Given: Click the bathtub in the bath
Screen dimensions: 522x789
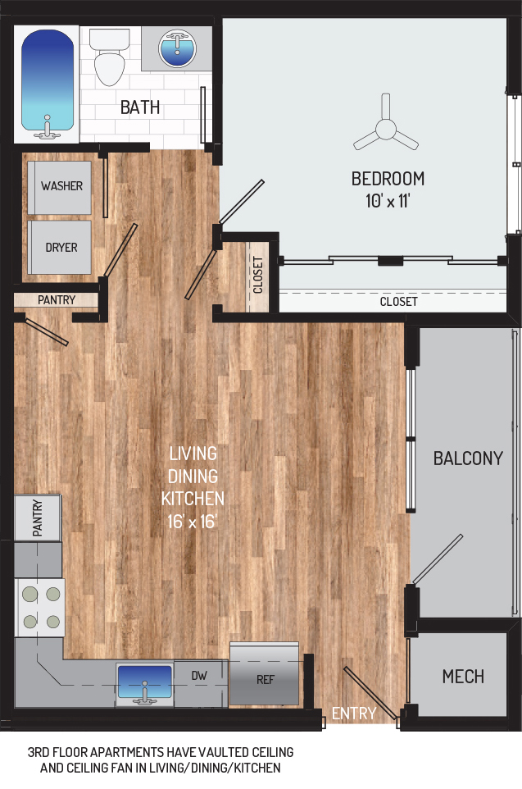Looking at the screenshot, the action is (47, 84).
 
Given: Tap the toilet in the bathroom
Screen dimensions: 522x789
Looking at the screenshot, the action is (109, 57).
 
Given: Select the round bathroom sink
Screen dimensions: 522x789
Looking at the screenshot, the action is (177, 48).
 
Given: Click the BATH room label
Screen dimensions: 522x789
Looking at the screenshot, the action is (140, 107).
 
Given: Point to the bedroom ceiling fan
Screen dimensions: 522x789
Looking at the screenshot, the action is (386, 126).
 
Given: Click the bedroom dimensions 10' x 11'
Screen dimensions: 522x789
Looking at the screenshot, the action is (388, 201).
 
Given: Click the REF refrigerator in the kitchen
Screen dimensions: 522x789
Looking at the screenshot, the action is (265, 674).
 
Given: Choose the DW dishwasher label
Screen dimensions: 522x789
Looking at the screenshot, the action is (199, 676).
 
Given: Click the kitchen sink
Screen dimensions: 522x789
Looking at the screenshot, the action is (145, 684).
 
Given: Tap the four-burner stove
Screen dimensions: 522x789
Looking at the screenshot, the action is (40, 608).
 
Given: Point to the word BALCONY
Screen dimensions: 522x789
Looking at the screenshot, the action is (468, 458).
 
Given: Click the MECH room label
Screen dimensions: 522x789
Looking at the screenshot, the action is (463, 677).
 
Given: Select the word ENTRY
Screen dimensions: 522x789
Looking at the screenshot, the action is (354, 713).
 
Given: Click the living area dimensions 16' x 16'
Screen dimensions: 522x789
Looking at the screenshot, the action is (192, 522).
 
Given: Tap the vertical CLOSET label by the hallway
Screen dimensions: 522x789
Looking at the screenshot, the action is (258, 275).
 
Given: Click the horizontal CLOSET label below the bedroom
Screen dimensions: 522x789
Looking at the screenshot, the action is (398, 301).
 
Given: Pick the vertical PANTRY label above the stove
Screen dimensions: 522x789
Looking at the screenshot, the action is (38, 518).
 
